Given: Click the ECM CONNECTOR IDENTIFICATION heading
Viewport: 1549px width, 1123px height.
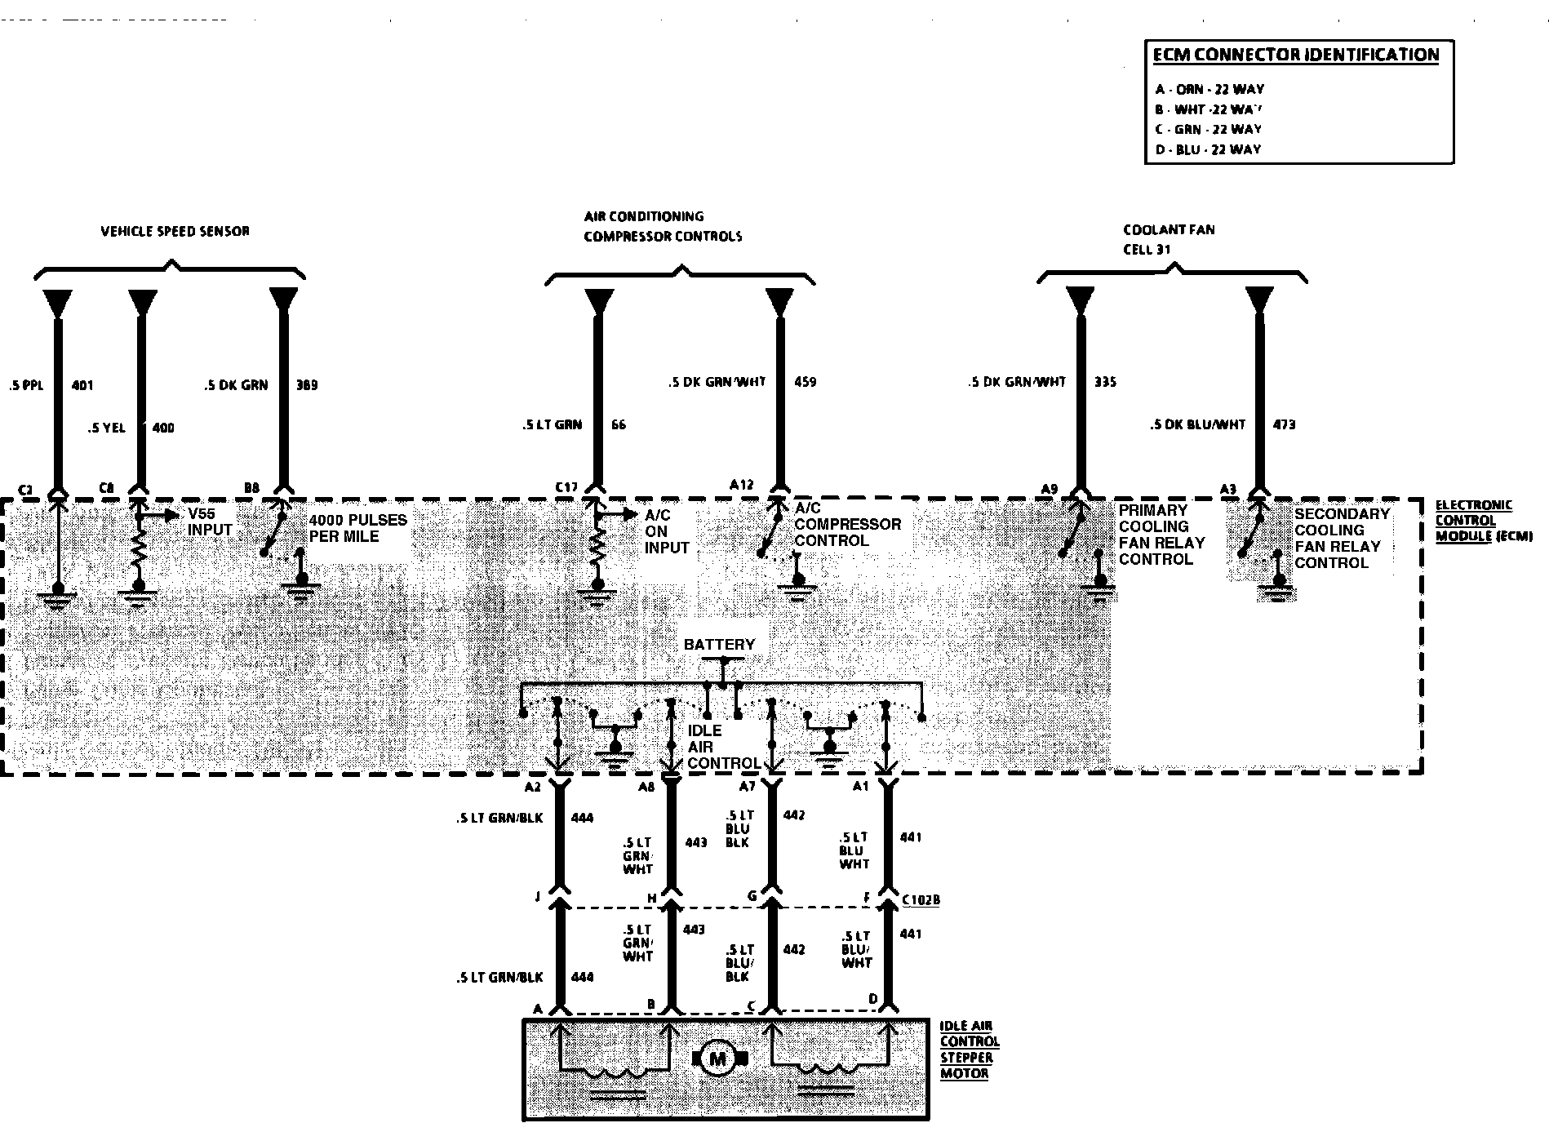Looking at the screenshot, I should (x=1295, y=55).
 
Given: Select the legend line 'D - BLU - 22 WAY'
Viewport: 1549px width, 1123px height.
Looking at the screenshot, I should (x=1208, y=149).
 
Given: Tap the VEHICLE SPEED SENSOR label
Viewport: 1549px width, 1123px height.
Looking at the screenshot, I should (x=175, y=231).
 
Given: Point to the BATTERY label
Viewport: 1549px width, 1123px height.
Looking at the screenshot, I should (x=719, y=645).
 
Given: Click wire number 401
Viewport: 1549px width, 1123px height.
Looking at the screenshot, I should (x=82, y=385).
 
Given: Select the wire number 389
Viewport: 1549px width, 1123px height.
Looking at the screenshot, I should (x=307, y=385).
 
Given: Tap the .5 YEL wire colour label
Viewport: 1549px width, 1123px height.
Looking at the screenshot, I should (x=106, y=428).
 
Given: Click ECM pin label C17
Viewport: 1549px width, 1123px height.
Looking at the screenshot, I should (x=566, y=487).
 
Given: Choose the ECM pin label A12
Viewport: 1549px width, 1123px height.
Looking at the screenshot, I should (x=741, y=484).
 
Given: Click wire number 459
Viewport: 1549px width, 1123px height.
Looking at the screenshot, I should (x=805, y=382).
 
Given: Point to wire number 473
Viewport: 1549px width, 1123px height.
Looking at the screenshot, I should (x=1284, y=424).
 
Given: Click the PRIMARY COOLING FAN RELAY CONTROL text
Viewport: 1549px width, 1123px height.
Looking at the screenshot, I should (x=1161, y=535).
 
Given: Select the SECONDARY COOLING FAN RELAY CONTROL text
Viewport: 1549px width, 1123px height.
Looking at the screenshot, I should (x=1342, y=538).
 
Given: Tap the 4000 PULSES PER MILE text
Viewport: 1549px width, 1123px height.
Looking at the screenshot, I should (x=357, y=528).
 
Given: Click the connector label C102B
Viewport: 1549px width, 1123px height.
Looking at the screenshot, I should (x=921, y=900).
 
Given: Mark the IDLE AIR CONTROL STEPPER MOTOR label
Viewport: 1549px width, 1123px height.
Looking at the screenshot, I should (x=969, y=1050).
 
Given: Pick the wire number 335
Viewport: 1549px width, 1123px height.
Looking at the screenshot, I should (x=1105, y=382).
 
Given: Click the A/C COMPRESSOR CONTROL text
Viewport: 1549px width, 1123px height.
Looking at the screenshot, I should (x=847, y=524).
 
